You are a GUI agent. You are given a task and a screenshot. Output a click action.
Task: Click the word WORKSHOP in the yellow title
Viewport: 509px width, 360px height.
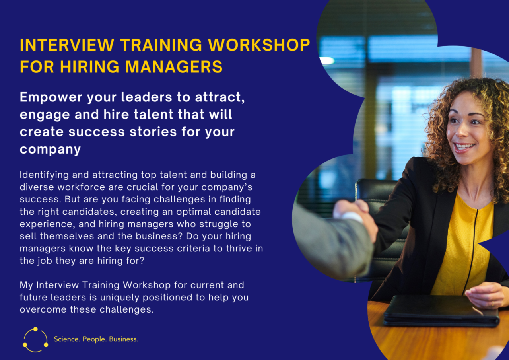coord(259,45)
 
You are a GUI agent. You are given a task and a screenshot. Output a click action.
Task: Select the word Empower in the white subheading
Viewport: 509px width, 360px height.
coord(51,97)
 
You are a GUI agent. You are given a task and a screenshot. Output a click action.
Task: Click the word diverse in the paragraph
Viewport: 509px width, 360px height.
coord(37,187)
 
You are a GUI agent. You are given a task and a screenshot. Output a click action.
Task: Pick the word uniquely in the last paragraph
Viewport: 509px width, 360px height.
coord(120,298)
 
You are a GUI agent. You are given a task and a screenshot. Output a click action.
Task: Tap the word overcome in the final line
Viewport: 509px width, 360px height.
coord(43,309)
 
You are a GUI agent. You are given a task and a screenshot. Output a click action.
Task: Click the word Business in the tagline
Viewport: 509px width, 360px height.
coord(124,339)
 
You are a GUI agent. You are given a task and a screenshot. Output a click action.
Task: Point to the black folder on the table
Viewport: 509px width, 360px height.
coord(441,310)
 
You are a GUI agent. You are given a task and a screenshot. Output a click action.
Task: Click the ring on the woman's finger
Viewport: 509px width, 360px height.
coord(493,304)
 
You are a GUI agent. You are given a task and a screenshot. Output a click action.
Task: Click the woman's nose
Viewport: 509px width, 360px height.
coord(462,131)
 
